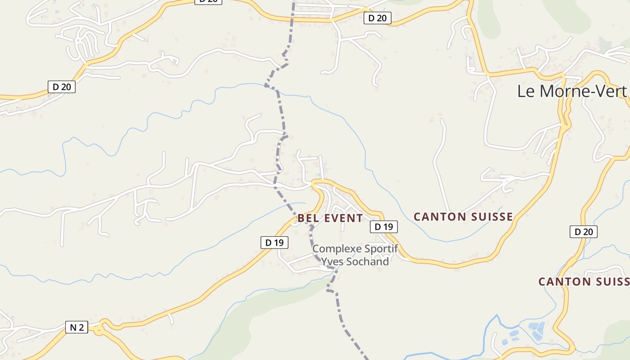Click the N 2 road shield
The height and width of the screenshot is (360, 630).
pos(76,327)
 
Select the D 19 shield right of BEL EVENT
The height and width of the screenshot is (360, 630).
pos(383,227)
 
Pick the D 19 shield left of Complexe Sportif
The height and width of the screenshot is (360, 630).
pos(274,243)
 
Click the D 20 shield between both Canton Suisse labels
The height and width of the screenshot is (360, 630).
pos(583,232)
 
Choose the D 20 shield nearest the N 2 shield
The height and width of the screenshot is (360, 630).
pos(61,87)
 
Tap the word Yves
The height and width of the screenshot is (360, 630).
pos(331,261)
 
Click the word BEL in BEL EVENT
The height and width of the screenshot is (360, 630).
pos(308,219)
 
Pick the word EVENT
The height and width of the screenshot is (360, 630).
pos(343,219)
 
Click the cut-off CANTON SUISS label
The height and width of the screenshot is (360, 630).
pos(584,282)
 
